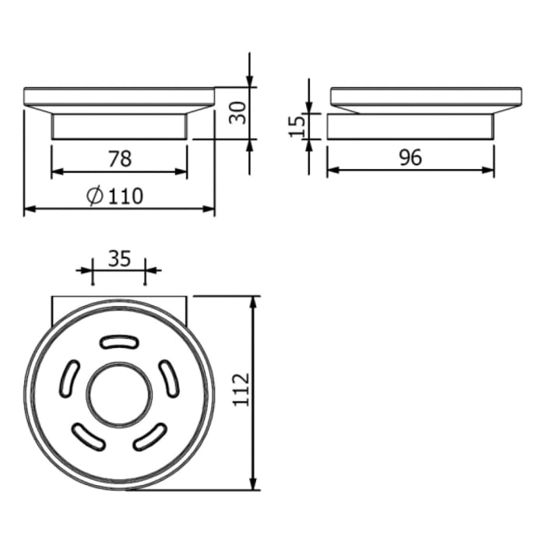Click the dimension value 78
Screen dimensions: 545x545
(119, 159)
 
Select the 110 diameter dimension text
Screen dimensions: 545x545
(125, 196)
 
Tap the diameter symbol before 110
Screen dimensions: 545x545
(95, 196)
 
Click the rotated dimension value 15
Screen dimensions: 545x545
(297, 126)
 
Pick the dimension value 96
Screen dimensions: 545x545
(410, 158)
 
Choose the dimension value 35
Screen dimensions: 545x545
(119, 259)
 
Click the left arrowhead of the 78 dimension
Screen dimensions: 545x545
(57, 171)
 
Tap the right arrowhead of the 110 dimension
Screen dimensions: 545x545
(209, 209)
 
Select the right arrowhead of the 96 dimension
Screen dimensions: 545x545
(488, 171)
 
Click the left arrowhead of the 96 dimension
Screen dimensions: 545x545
(332, 171)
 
